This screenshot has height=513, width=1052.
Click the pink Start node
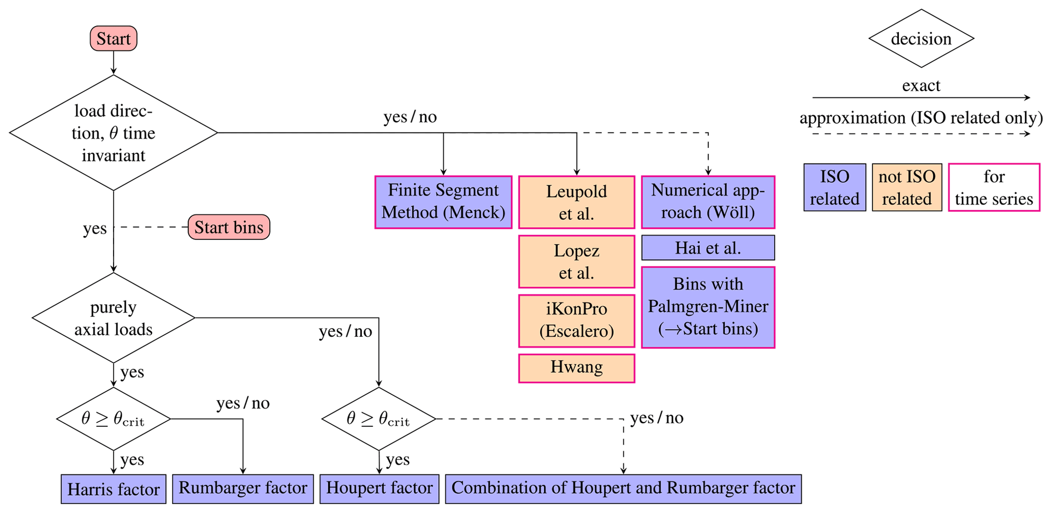(113, 39)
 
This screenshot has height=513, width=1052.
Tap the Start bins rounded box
(229, 227)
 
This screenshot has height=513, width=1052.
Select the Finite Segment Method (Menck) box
(443, 202)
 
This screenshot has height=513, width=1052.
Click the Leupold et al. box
(576, 202)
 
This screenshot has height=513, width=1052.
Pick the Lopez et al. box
(576, 261)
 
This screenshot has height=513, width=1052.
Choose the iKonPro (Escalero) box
(576, 320)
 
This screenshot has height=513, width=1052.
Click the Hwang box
(576, 368)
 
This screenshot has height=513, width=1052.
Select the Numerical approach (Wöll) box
(708, 202)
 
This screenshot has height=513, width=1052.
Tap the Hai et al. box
(708, 248)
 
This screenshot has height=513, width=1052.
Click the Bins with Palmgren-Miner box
(708, 307)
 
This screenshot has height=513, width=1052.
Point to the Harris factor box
(113, 489)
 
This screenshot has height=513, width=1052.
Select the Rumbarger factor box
(243, 489)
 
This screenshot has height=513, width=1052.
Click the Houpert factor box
(379, 489)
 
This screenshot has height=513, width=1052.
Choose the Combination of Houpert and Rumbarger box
(623, 489)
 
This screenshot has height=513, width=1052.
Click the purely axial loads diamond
(113, 318)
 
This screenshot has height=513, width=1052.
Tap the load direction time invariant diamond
(113, 133)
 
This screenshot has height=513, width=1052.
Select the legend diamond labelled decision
(921, 39)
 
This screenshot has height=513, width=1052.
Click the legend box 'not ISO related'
(906, 187)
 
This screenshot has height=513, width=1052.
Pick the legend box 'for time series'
(993, 187)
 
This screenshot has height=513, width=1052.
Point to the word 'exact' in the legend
(921, 86)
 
